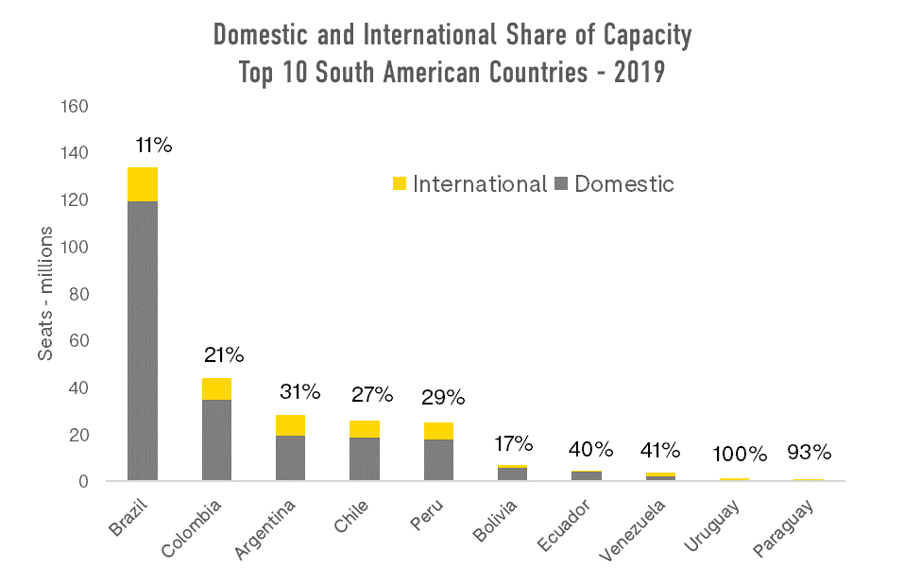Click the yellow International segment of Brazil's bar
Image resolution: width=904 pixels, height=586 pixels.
[143, 184]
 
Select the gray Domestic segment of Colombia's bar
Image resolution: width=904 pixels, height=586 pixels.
[216, 439]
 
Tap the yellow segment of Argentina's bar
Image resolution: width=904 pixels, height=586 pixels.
[290, 425]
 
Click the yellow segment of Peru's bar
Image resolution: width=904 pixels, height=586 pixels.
[438, 431]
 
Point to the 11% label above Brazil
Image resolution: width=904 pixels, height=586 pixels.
[154, 146]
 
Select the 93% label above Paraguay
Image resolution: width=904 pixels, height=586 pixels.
[809, 453]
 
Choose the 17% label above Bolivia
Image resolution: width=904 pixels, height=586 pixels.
[515, 443]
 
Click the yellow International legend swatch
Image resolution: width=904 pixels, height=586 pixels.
[399, 184]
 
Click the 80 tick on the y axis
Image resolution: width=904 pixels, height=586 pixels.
[79, 294]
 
